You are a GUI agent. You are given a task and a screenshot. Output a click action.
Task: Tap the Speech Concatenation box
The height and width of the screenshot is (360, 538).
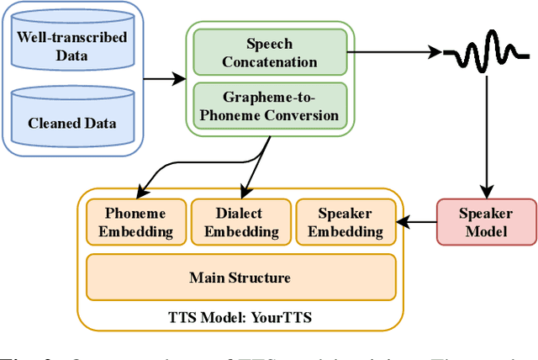[270, 52]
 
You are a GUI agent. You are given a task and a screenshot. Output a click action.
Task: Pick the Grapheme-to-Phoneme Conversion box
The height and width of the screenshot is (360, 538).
[270, 106]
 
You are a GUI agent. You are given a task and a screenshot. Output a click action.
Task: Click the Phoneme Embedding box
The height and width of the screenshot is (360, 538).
[135, 222]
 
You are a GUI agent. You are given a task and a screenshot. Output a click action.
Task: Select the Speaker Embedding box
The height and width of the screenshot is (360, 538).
[345, 222]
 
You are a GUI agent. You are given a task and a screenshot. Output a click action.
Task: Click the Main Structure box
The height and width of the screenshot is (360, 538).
[240, 277]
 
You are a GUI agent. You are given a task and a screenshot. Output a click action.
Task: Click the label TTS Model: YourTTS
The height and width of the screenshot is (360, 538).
[240, 318]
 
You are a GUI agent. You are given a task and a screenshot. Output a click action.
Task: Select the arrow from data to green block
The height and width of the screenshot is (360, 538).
[163, 80]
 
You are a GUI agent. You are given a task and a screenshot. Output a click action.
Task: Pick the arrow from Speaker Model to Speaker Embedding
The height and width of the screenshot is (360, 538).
[418, 222]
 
